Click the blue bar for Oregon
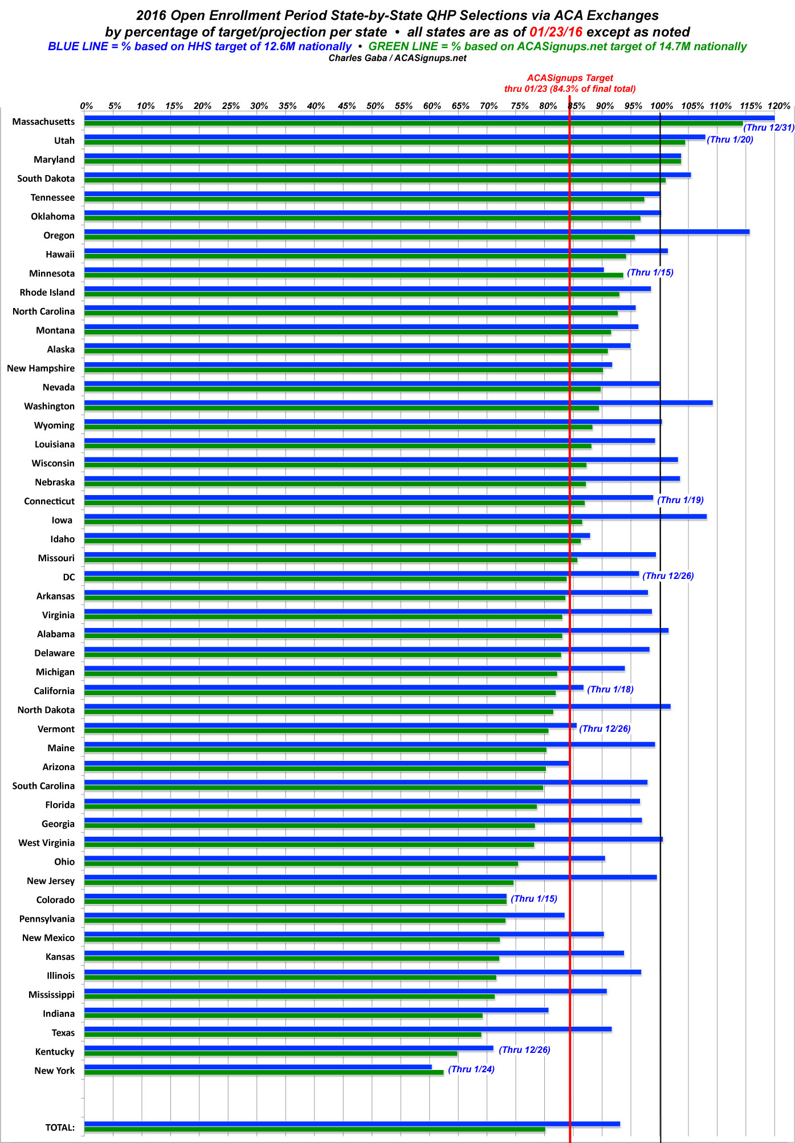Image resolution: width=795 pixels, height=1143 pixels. point(416,232)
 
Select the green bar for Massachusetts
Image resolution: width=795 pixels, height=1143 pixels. point(413,123)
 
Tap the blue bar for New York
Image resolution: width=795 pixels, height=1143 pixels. point(258,1067)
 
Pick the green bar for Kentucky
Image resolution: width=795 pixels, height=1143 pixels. point(271,1053)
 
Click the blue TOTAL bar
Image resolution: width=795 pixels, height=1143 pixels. point(352,1124)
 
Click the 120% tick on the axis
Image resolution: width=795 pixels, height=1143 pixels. point(779,106)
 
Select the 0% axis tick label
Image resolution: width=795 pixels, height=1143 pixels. point(87,106)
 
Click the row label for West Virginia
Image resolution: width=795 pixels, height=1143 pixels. point(46,843)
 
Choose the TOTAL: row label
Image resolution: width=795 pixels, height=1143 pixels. point(60,1128)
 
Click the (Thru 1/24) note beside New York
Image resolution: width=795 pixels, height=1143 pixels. point(471,1069)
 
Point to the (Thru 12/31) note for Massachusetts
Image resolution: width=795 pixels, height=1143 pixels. point(768,128)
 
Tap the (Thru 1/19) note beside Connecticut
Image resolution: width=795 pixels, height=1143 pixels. point(680,500)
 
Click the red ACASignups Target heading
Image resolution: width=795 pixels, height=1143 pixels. point(570,78)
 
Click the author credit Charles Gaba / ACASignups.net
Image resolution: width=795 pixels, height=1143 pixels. point(397,58)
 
